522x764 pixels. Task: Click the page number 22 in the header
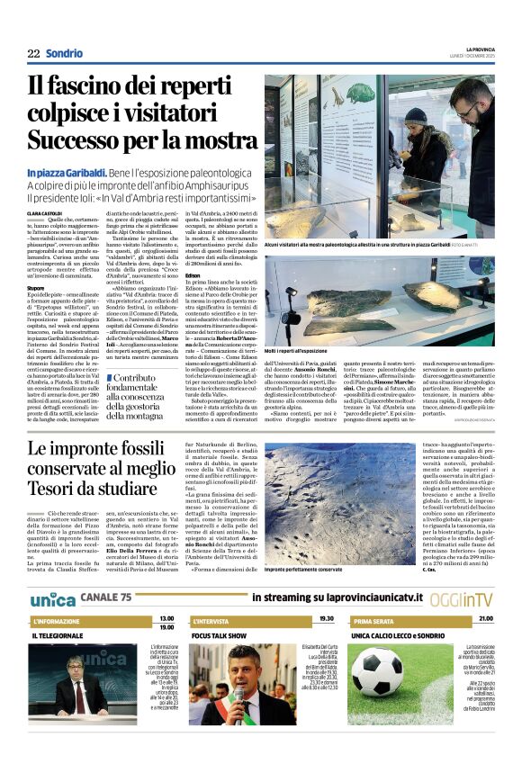coord(32,53)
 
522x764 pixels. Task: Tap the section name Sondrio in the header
coord(64,53)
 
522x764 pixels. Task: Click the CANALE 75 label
coord(106,597)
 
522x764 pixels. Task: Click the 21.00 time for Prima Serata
coord(485,619)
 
